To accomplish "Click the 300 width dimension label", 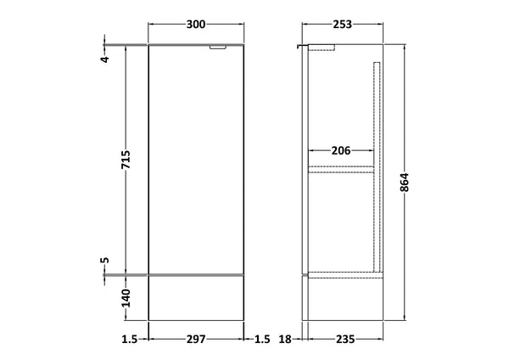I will coord(197,24).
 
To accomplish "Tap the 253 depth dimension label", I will coord(341,24).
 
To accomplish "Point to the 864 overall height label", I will coord(405,183).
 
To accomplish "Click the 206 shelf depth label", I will coord(341,151).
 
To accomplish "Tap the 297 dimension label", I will coord(197,339).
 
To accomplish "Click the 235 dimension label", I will coord(344,339).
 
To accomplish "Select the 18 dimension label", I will coord(286,339).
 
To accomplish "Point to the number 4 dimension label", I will coord(105,59).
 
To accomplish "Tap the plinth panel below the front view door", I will coord(197,298).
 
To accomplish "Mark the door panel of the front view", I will coord(197,161).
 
